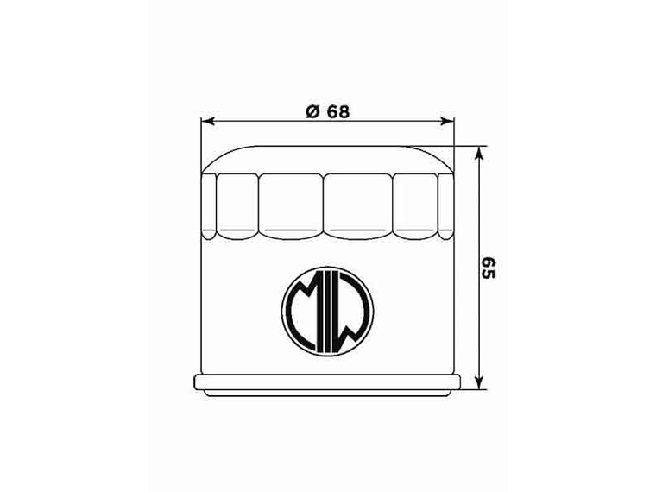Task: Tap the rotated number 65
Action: tap(489, 268)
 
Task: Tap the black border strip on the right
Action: tap(615, 246)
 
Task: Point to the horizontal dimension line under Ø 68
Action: tap(259, 122)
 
